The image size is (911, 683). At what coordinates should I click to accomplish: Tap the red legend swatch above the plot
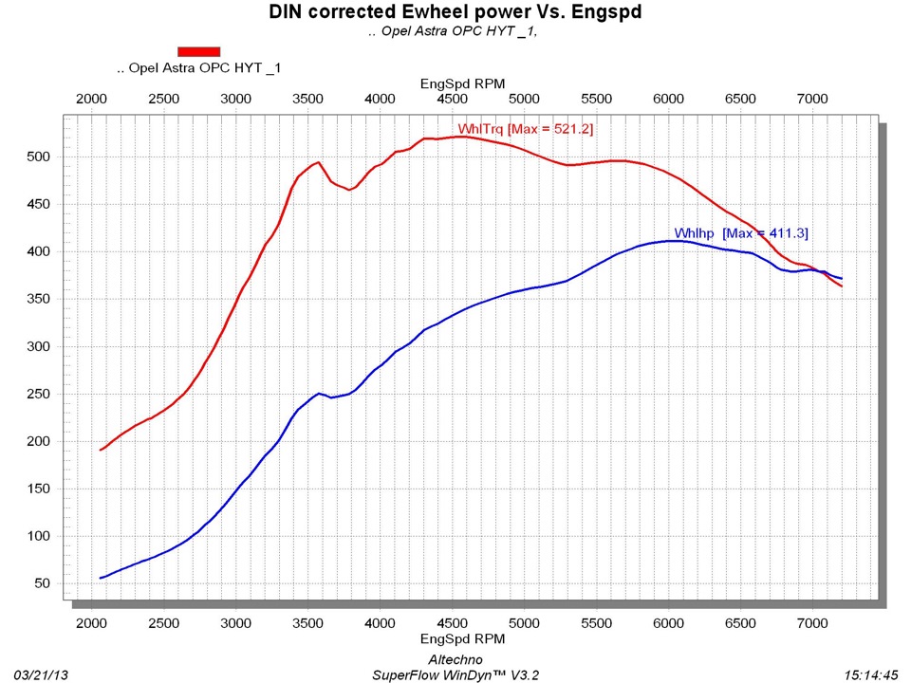point(198,51)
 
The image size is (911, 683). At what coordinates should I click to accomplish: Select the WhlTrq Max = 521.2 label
point(526,129)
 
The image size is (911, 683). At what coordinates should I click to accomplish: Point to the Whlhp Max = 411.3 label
point(741,233)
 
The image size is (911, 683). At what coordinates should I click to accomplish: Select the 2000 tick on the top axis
point(91,100)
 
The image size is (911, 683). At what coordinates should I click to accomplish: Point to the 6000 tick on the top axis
point(669,100)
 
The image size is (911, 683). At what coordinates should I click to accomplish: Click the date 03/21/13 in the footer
point(42,674)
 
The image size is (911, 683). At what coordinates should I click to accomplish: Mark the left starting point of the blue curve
point(101,578)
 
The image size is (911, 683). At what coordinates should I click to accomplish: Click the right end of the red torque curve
point(842,286)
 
